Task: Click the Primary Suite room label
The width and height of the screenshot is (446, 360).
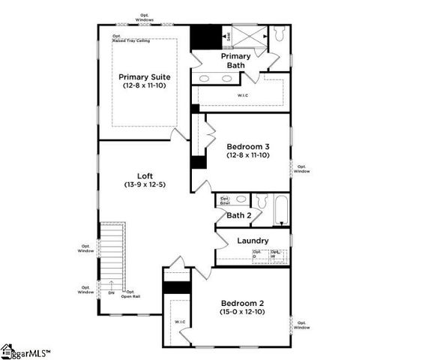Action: click(x=145, y=81)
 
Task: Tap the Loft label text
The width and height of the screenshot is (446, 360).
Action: click(x=145, y=180)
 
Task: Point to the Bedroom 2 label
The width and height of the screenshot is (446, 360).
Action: click(x=241, y=307)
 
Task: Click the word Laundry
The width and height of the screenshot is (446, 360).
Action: click(x=253, y=241)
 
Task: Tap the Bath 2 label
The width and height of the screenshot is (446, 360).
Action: click(x=239, y=216)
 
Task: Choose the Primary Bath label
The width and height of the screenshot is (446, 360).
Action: click(x=236, y=61)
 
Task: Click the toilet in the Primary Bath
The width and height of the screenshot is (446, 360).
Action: click(x=279, y=34)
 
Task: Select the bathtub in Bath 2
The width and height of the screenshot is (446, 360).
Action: click(x=280, y=209)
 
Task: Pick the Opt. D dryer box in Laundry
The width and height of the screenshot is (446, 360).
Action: click(x=259, y=254)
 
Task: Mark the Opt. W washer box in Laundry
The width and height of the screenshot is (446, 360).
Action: click(x=278, y=254)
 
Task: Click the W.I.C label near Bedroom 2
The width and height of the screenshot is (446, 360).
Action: click(x=180, y=322)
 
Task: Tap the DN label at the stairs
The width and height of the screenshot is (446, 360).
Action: click(x=112, y=292)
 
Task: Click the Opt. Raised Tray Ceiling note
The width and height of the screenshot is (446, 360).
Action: click(x=129, y=37)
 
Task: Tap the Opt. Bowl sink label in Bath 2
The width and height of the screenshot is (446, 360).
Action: click(x=224, y=199)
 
